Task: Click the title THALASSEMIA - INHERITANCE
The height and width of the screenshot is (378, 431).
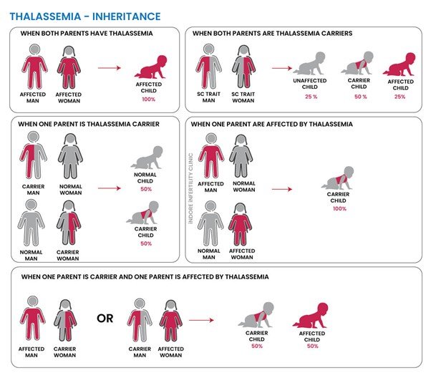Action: pos(85,16)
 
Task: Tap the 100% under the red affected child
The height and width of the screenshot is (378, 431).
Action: pos(149,100)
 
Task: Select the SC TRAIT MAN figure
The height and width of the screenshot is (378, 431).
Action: pos(208,67)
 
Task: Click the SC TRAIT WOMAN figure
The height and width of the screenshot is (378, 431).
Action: pos(243,67)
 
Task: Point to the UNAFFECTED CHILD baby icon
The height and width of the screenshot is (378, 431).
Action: pos(309,64)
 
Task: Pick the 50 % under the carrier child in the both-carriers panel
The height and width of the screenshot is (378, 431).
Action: pos(360,97)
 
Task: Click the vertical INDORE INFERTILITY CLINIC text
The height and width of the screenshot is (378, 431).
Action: pos(190,188)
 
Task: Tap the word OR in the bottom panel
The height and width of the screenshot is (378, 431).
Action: pos(105,319)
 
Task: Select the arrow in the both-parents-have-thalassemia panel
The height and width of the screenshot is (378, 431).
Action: pos(110,67)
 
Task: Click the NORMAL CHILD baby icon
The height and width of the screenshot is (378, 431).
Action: pos(147,157)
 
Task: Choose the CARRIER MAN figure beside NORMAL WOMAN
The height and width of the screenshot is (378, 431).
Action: pos(33,155)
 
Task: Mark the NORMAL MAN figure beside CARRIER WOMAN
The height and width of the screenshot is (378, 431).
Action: pos(31,223)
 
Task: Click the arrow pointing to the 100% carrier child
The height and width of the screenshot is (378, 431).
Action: pos(282,189)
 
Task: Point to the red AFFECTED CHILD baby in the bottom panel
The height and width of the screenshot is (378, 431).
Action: pos(311,315)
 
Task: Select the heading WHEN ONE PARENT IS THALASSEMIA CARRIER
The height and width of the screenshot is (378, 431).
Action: pos(89,124)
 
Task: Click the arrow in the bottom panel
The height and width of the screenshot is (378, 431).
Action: pos(201,320)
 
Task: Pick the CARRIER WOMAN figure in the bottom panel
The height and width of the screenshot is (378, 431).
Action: pos(65,321)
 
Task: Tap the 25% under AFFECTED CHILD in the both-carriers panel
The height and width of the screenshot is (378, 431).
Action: pos(399,97)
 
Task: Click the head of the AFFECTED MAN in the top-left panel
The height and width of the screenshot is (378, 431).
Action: pos(34,49)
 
